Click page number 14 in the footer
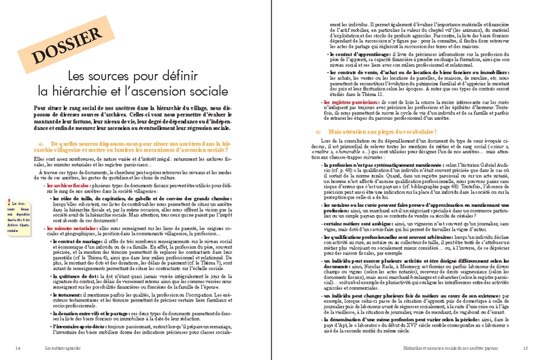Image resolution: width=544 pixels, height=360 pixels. click(17, 348)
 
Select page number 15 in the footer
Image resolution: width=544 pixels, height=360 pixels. click(525, 348)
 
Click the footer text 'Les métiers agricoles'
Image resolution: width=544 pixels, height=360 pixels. click(57, 348)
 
